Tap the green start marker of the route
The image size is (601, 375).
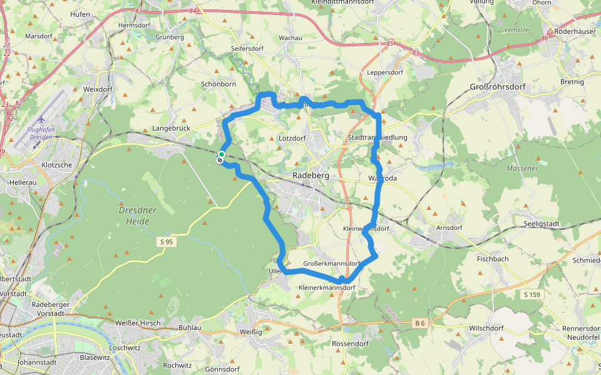(x=222, y=154)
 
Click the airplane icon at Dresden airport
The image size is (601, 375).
(x=42, y=119)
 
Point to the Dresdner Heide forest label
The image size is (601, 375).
(x=137, y=216)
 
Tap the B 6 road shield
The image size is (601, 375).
(x=419, y=323)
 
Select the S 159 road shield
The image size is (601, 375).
(x=532, y=294)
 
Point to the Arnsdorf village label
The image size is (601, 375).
(x=448, y=227)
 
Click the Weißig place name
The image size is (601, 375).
(x=251, y=331)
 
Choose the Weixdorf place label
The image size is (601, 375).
(x=97, y=89)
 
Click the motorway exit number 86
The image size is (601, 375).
(x=545, y=38)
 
